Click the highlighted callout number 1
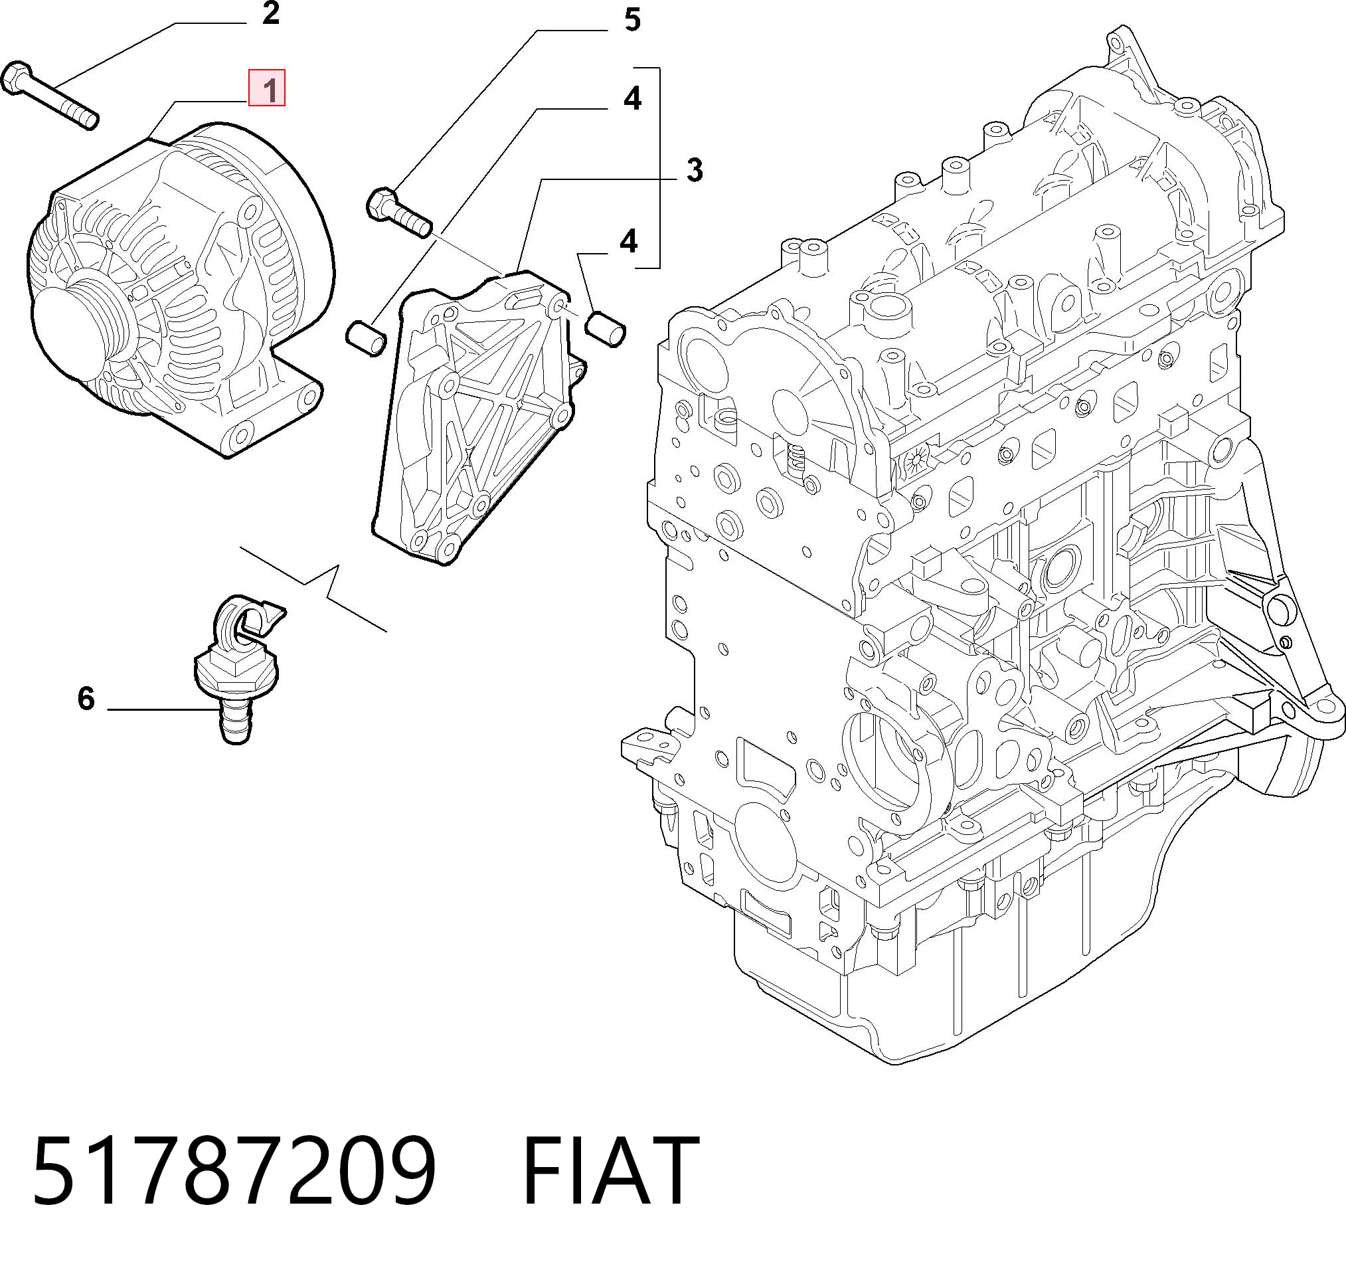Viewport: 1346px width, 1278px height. coord(266,88)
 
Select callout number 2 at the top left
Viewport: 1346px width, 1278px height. coord(270,14)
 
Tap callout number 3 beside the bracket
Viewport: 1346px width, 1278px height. coord(694,169)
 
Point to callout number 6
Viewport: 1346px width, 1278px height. coord(86,698)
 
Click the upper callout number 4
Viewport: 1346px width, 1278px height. coord(632,99)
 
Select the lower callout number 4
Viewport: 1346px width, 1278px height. coord(628,241)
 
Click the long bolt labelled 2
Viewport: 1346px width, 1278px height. coord(50,96)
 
